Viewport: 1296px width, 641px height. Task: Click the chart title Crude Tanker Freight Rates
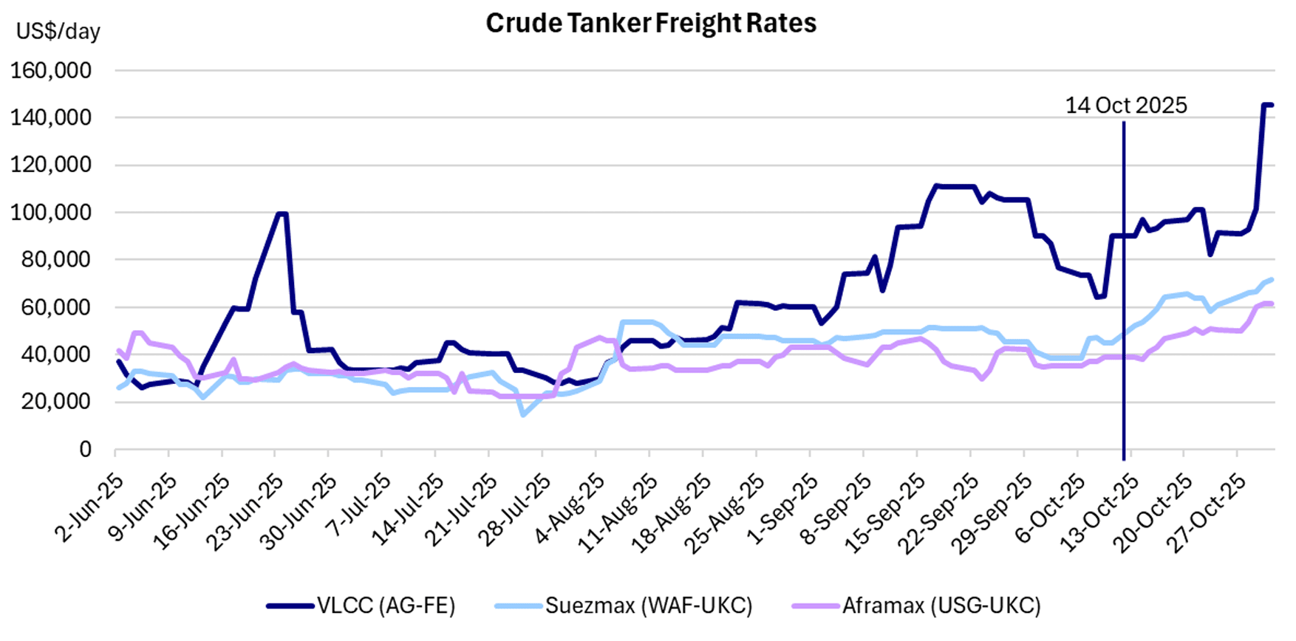pyautogui.click(x=651, y=24)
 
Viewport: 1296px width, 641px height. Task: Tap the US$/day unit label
pyautogui.click(x=58, y=31)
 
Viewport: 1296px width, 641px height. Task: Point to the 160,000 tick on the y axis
pyautogui.click(x=51, y=71)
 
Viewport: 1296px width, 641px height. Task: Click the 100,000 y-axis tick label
pyautogui.click(x=51, y=213)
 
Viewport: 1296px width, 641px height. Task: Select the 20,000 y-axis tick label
pyautogui.click(x=56, y=402)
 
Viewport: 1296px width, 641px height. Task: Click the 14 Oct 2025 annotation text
pyautogui.click(x=1125, y=106)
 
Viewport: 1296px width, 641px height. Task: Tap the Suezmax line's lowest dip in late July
pyautogui.click(x=523, y=415)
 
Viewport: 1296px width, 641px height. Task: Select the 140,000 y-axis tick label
pyautogui.click(x=51, y=118)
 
